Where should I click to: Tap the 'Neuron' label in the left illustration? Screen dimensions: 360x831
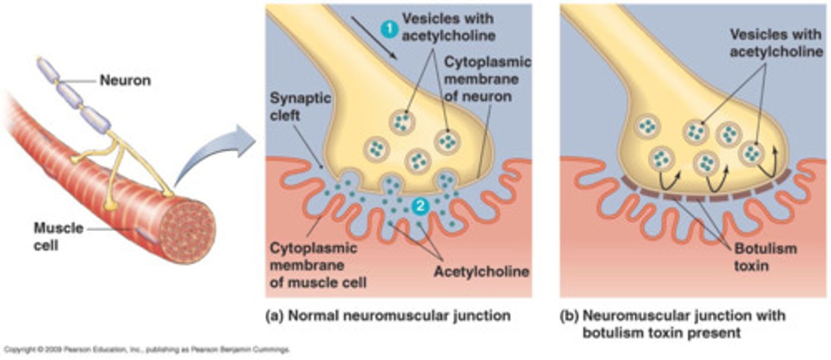pos(125,81)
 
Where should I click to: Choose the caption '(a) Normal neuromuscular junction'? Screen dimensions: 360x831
pos(388,316)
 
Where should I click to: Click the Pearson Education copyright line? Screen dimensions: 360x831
pos(147,350)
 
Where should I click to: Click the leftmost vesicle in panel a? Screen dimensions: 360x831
pos(377,149)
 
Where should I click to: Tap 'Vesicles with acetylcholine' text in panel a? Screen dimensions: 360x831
pos(448,27)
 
